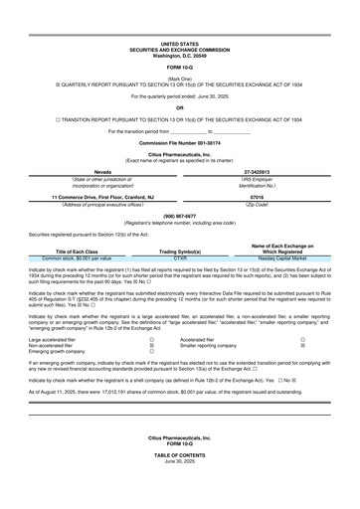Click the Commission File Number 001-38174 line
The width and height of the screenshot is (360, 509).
click(180, 143)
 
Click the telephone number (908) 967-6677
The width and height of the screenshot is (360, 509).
click(180, 216)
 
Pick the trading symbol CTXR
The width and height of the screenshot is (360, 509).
click(180, 257)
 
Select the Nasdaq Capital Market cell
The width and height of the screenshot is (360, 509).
click(283, 257)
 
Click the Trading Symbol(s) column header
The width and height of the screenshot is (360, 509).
click(180, 252)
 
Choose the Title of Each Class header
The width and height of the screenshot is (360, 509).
click(77, 252)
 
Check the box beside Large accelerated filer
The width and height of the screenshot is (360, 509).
click(150, 338)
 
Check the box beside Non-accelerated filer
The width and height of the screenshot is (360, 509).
click(150, 345)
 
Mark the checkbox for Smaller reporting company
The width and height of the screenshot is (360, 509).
click(302, 345)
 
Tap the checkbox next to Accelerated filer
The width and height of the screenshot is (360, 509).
click(302, 338)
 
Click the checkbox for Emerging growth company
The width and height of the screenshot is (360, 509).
click(150, 352)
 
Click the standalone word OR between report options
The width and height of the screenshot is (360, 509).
click(180, 105)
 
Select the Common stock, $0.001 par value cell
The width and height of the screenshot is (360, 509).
click(77, 257)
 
